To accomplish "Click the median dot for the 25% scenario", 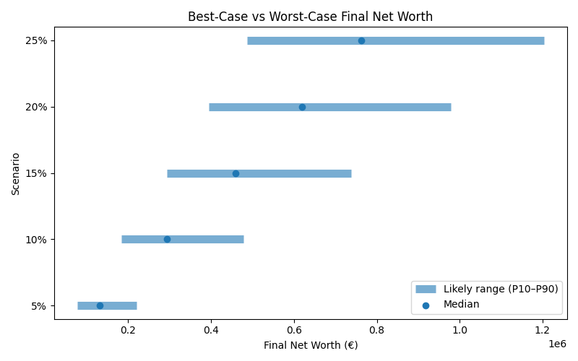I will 361,40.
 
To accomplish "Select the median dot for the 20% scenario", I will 302,107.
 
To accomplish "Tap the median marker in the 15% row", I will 236,173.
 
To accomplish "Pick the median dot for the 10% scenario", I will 167,239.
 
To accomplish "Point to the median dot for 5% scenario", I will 100,305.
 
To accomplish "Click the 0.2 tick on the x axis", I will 128,331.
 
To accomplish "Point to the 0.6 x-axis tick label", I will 294,331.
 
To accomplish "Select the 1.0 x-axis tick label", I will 460,331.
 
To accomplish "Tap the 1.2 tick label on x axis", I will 543,331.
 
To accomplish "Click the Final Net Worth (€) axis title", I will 311,345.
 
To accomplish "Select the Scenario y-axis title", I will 16,173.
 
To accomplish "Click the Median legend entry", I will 461,305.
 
